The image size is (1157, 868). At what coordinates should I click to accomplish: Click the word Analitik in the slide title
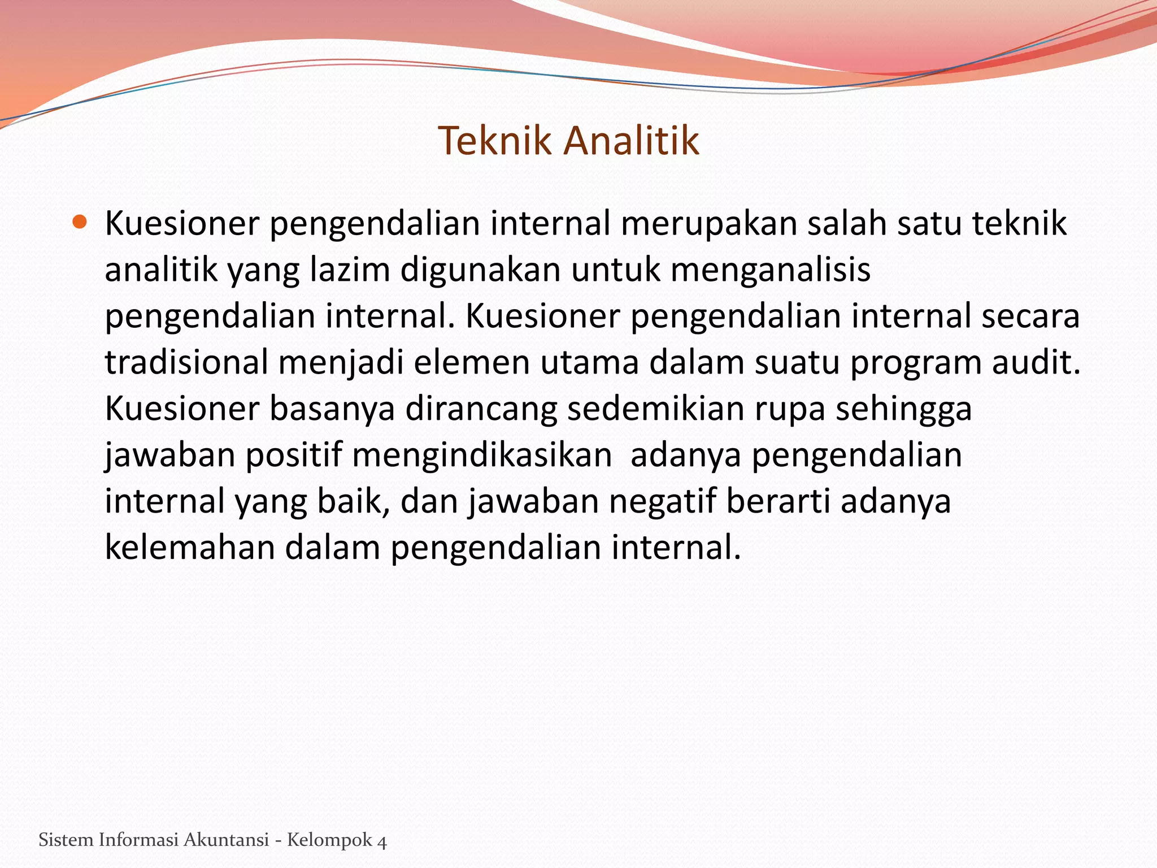point(632,140)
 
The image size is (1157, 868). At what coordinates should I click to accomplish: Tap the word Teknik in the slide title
point(494,140)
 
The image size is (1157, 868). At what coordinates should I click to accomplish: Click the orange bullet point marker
point(80,222)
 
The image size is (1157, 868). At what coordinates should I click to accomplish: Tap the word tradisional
point(186,363)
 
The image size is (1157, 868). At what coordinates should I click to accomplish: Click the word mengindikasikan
point(482,455)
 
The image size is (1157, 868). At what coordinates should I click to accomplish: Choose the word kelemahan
point(189,548)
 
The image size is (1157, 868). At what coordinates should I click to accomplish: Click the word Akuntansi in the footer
point(226,840)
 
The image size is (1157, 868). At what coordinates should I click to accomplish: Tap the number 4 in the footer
point(382,841)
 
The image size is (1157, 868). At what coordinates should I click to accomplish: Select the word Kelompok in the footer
point(329,841)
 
